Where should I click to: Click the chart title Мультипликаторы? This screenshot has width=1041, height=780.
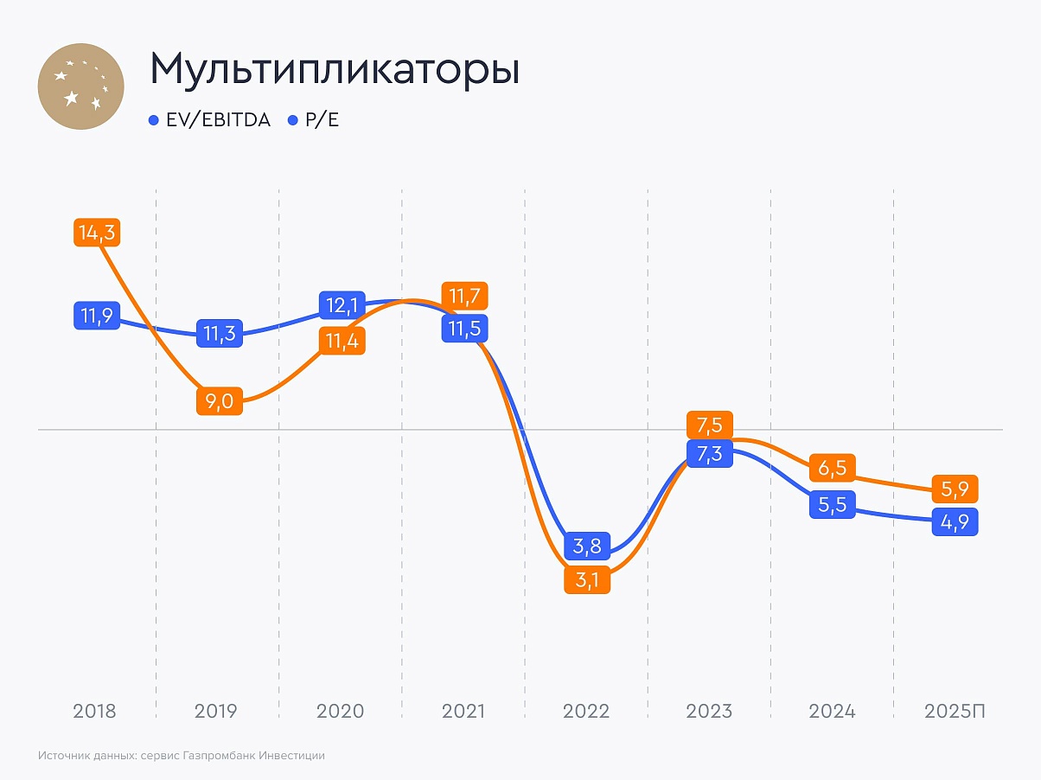click(x=335, y=70)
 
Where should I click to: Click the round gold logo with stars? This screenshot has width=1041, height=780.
click(x=81, y=86)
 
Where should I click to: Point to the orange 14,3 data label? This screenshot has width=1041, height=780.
click(x=96, y=233)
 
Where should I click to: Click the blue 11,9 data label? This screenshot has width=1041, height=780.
click(x=96, y=315)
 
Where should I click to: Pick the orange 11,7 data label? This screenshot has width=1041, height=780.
click(x=464, y=296)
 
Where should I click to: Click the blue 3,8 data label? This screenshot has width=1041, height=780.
click(x=588, y=546)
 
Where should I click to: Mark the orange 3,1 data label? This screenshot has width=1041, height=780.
click(x=588, y=579)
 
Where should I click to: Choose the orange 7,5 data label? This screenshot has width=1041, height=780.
click(x=710, y=425)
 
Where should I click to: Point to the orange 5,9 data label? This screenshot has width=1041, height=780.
click(x=955, y=489)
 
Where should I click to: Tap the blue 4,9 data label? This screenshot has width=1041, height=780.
click(x=955, y=522)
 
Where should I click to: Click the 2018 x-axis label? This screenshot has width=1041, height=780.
click(x=95, y=712)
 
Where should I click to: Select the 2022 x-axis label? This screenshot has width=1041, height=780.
click(x=586, y=712)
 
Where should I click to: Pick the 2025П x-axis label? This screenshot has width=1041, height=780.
click(x=955, y=712)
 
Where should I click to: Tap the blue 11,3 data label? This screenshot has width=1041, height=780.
click(x=220, y=333)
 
